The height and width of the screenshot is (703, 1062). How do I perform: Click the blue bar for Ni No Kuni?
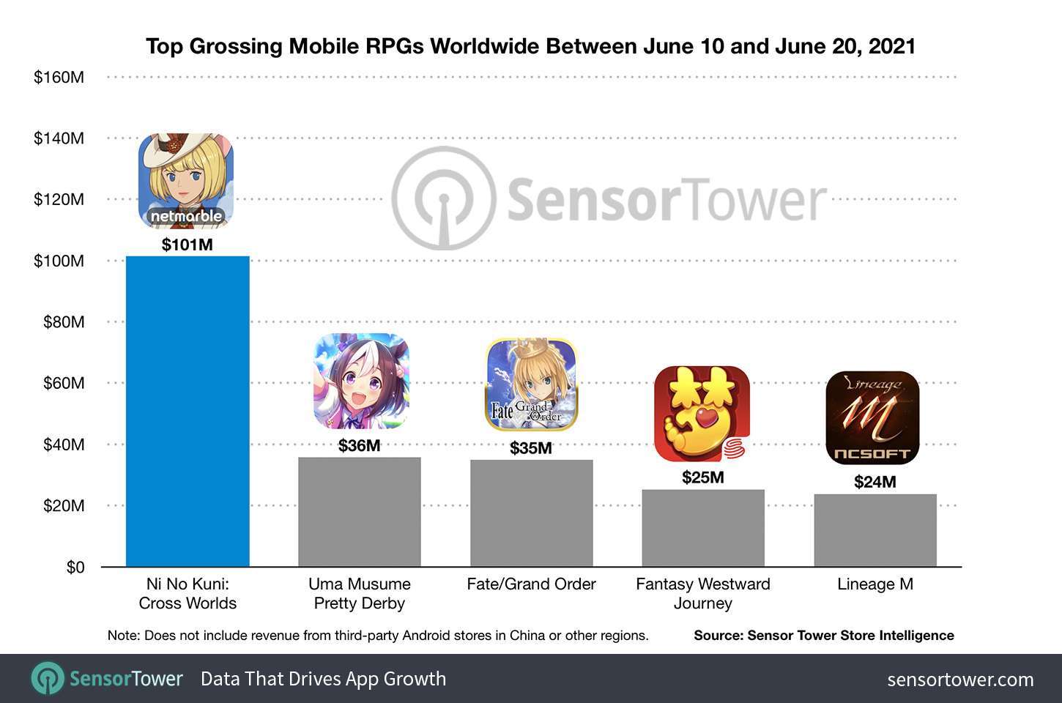[187, 412]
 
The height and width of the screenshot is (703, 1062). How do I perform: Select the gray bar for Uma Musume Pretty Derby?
[359, 512]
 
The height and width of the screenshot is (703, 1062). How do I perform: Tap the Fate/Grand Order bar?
[531, 513]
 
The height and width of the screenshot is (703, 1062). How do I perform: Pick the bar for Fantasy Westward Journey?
[703, 528]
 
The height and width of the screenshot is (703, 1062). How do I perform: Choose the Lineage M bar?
[875, 530]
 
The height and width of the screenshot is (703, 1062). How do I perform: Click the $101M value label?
[187, 245]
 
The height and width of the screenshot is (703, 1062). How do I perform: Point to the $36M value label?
[359, 445]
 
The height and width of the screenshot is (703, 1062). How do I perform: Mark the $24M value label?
[875, 482]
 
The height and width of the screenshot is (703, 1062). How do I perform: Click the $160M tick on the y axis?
[59, 76]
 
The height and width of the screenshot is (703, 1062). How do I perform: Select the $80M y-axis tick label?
[63, 322]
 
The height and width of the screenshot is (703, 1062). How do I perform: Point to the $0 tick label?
[75, 568]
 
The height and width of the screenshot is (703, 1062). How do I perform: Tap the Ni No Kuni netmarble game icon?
[186, 181]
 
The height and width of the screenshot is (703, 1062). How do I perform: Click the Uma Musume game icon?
[361, 381]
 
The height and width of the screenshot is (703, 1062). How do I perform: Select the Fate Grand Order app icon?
[532, 384]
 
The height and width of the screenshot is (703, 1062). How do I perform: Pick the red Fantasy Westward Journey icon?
[702, 414]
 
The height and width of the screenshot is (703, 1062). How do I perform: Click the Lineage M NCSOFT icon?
[872, 418]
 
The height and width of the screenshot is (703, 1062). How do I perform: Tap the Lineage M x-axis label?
[875, 584]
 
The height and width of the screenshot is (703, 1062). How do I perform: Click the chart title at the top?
[531, 46]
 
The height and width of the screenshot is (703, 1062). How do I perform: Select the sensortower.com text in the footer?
[960, 679]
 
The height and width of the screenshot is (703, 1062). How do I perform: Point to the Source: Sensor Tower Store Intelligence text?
[824, 636]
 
